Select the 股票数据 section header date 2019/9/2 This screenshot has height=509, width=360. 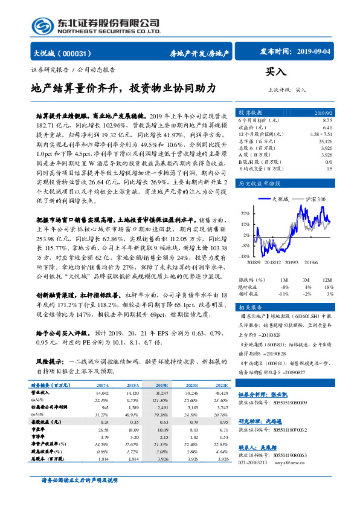click(323, 112)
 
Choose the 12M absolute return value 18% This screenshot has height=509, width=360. click(329, 287)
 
